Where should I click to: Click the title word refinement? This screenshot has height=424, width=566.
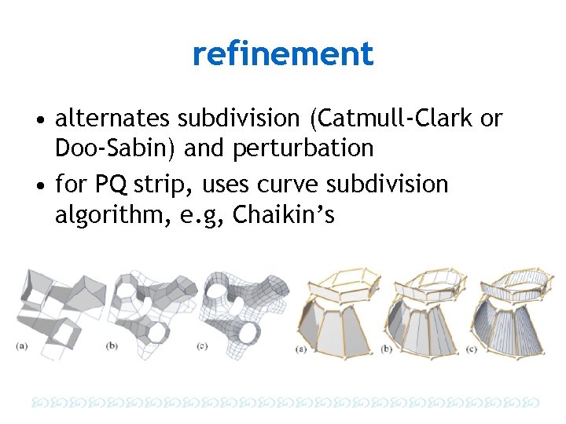point(282,54)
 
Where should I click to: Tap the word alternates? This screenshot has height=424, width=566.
point(112,119)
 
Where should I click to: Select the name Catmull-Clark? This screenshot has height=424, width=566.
point(395,119)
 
